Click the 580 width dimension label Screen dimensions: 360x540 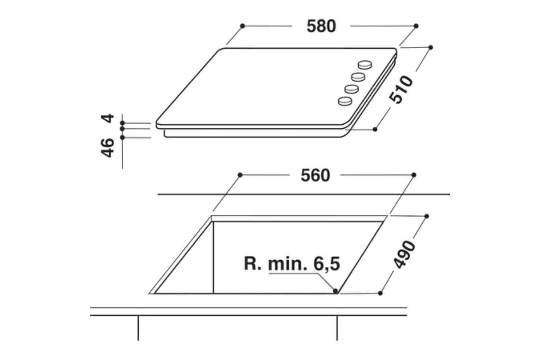(321, 26)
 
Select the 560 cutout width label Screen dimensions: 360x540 (315, 175)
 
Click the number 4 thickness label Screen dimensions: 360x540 (108, 118)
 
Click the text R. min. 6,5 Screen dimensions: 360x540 (292, 264)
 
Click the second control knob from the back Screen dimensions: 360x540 (358, 77)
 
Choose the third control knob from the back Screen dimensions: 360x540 (351, 89)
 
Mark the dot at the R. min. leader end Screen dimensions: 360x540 (335, 290)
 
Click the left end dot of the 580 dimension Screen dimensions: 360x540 (243, 26)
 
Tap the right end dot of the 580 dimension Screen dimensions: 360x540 (416, 26)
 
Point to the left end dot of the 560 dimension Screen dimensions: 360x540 (240, 175)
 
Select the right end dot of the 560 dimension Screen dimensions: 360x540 (414, 175)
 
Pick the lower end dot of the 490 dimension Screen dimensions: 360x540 (380, 293)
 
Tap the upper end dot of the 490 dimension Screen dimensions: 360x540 (427, 216)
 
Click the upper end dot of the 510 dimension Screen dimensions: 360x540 (431, 47)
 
